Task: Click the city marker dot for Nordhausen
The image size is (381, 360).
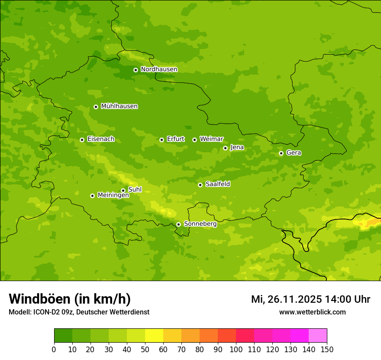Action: point(136,70)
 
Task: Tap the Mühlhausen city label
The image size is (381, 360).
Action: point(119,106)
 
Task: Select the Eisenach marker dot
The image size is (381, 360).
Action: point(82,140)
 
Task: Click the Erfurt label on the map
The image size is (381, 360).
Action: point(175,139)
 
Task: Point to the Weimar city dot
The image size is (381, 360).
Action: point(194,140)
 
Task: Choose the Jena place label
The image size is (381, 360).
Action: point(237,147)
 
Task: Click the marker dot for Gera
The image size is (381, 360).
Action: point(281,153)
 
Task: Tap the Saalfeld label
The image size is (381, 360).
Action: point(217,184)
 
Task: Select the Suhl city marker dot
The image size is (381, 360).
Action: point(123,190)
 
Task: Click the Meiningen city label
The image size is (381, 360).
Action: point(113,195)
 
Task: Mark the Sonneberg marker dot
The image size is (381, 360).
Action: point(178,224)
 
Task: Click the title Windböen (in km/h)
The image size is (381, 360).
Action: point(70,299)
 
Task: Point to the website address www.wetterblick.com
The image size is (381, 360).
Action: point(312,312)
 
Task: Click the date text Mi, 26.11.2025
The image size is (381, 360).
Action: point(286,299)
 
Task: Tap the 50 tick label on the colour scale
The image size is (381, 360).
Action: point(145,349)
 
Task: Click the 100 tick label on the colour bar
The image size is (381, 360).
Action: point(236,349)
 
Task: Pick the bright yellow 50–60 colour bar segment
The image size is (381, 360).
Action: point(154,335)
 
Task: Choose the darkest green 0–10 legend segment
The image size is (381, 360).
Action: point(63,335)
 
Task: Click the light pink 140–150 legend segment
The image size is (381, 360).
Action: point(318,335)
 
